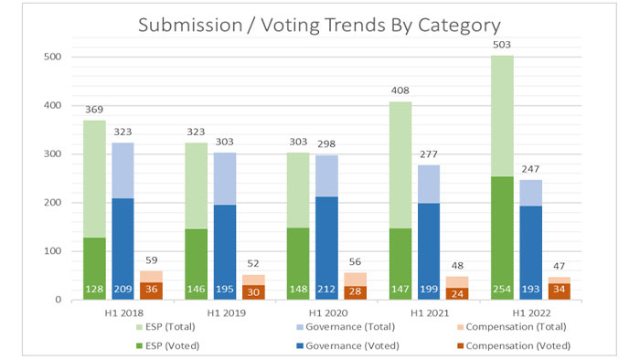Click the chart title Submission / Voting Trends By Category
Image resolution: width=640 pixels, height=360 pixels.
(x=319, y=25)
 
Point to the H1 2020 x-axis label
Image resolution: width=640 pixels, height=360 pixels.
(x=319, y=314)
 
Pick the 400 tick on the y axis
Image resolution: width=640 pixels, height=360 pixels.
(x=54, y=106)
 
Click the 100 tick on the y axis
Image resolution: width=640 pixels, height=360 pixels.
(x=54, y=251)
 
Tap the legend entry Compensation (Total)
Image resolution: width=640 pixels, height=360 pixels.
(x=516, y=327)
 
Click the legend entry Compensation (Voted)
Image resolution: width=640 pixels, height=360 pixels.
(x=515, y=345)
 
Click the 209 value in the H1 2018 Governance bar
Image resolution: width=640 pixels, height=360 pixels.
(x=123, y=290)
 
